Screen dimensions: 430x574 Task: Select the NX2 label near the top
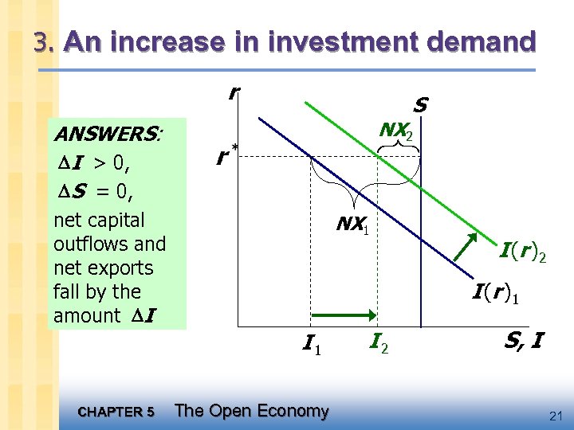point(395,130)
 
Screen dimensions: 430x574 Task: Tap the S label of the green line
point(421,105)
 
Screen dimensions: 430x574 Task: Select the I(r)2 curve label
point(522,254)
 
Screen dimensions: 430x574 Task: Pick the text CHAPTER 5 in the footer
point(117,412)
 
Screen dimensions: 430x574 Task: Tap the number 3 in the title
point(41,42)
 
